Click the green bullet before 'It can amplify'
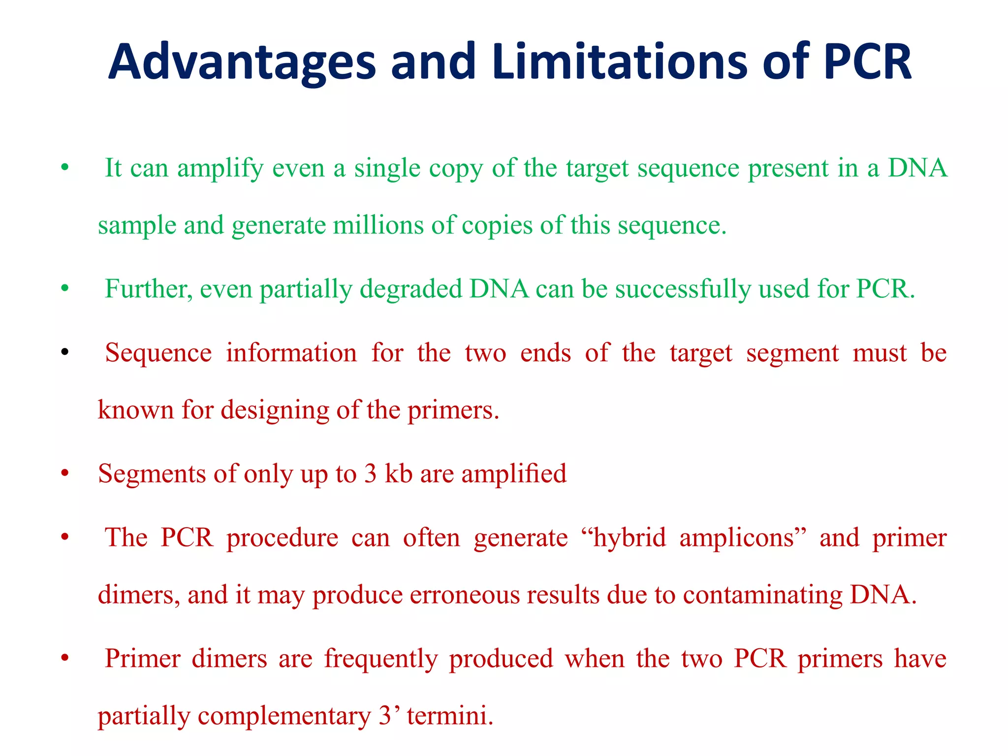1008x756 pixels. tap(64, 168)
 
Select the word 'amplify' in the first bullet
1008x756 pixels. tap(220, 169)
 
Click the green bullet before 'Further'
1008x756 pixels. tap(64, 289)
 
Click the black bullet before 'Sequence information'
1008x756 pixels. tap(64, 353)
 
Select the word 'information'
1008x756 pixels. tap(291, 353)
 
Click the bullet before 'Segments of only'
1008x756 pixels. tap(64, 473)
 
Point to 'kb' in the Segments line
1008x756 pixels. tap(398, 473)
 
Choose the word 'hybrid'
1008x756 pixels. tap(629, 537)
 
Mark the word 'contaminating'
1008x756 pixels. tap(762, 595)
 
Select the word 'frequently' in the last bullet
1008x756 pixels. tap(380, 659)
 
